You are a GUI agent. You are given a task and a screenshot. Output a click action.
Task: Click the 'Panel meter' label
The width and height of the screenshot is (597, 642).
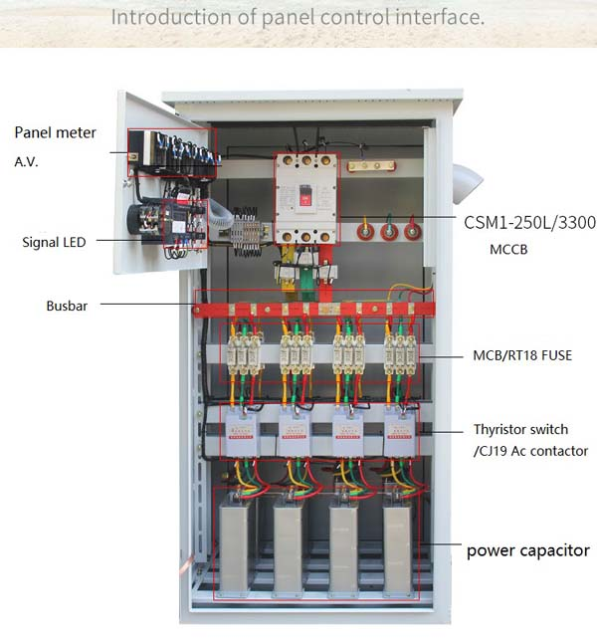click(x=55, y=132)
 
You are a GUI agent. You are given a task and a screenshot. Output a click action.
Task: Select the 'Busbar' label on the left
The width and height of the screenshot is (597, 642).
click(x=67, y=306)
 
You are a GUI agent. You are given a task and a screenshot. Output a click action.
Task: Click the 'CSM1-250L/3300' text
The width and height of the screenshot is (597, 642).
click(x=529, y=222)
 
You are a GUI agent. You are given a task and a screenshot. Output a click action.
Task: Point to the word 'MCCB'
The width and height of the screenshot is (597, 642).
click(x=509, y=250)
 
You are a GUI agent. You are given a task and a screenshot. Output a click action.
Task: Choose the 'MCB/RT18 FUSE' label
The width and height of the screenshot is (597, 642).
click(x=522, y=354)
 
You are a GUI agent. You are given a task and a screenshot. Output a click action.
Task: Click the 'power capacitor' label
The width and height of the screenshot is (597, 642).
click(x=528, y=549)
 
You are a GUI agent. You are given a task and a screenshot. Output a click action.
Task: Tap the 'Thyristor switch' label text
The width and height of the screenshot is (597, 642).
click(x=520, y=430)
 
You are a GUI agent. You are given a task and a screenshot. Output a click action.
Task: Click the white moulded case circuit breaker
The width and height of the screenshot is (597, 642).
click(x=306, y=199)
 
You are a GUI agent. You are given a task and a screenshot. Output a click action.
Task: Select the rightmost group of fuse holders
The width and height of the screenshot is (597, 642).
click(x=401, y=354)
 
